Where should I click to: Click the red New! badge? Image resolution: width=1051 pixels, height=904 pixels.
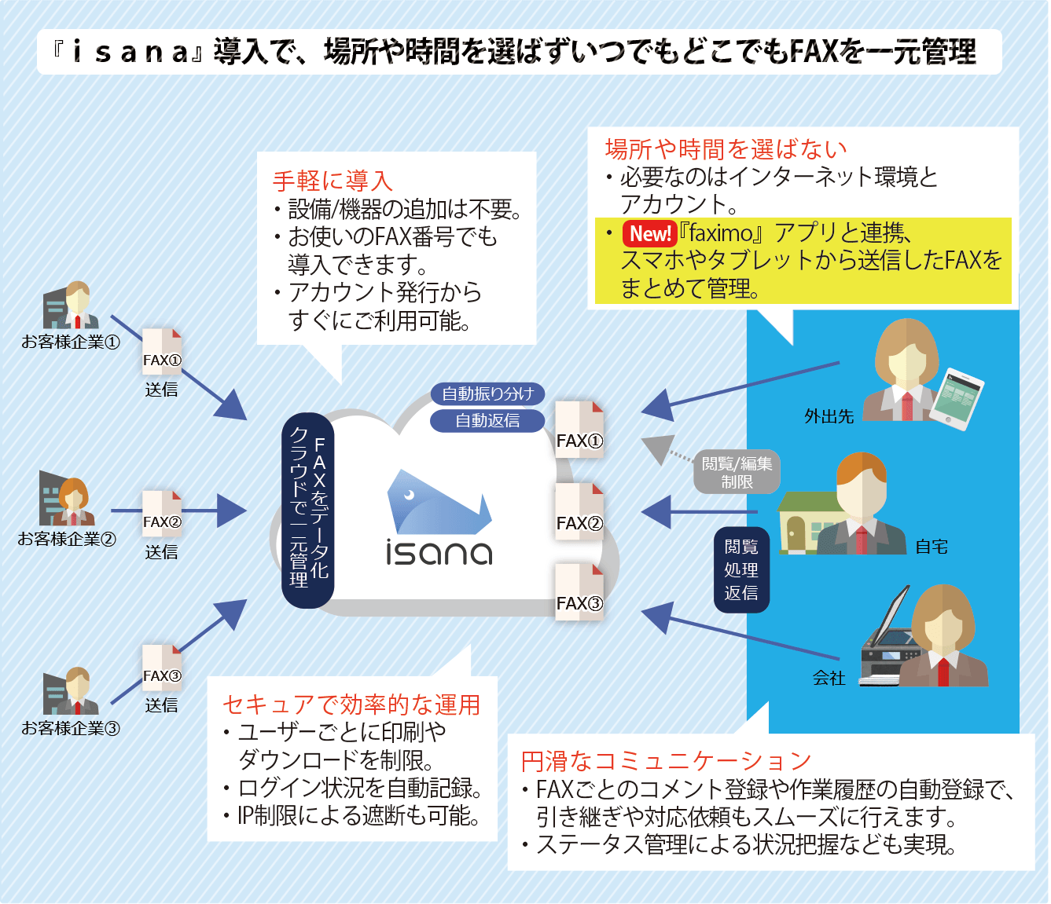click(649, 233)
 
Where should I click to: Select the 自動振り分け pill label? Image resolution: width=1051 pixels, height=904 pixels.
click(487, 393)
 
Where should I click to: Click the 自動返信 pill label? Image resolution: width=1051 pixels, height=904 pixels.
click(487, 420)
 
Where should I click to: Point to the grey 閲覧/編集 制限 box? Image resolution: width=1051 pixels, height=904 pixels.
click(737, 472)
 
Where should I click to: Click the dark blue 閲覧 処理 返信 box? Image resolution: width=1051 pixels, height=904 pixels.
click(741, 569)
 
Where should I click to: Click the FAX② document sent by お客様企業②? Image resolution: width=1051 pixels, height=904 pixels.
click(162, 514)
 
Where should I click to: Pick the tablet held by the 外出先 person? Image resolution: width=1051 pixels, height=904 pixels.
click(957, 398)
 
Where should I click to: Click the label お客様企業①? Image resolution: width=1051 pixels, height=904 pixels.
click(71, 342)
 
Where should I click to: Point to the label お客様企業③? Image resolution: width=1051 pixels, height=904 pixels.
click(71, 728)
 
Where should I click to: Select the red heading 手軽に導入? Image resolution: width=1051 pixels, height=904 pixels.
click(333, 181)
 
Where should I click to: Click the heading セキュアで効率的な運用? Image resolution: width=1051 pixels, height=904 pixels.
click(351, 705)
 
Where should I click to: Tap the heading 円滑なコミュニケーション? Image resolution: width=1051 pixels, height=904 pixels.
click(666, 760)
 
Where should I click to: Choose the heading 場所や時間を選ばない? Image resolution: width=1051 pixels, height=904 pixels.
click(726, 148)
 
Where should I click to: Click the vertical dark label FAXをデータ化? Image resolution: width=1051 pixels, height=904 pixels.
click(309, 511)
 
